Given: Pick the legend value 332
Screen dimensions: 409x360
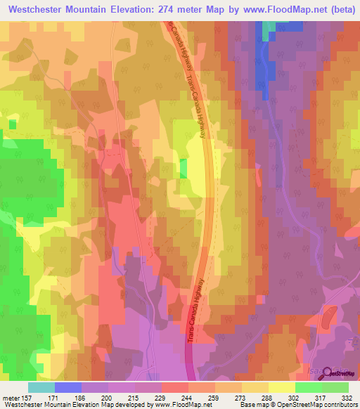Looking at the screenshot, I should coord(346,397).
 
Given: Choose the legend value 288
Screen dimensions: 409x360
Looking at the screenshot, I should coord(266,397).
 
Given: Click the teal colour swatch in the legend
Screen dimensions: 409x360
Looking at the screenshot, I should coord(41,387).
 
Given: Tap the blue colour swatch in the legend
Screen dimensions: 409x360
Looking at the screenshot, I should coord(68,387).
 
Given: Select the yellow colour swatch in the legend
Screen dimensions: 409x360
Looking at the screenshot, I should coord(281,387).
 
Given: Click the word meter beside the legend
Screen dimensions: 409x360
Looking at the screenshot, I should coord(11,397).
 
